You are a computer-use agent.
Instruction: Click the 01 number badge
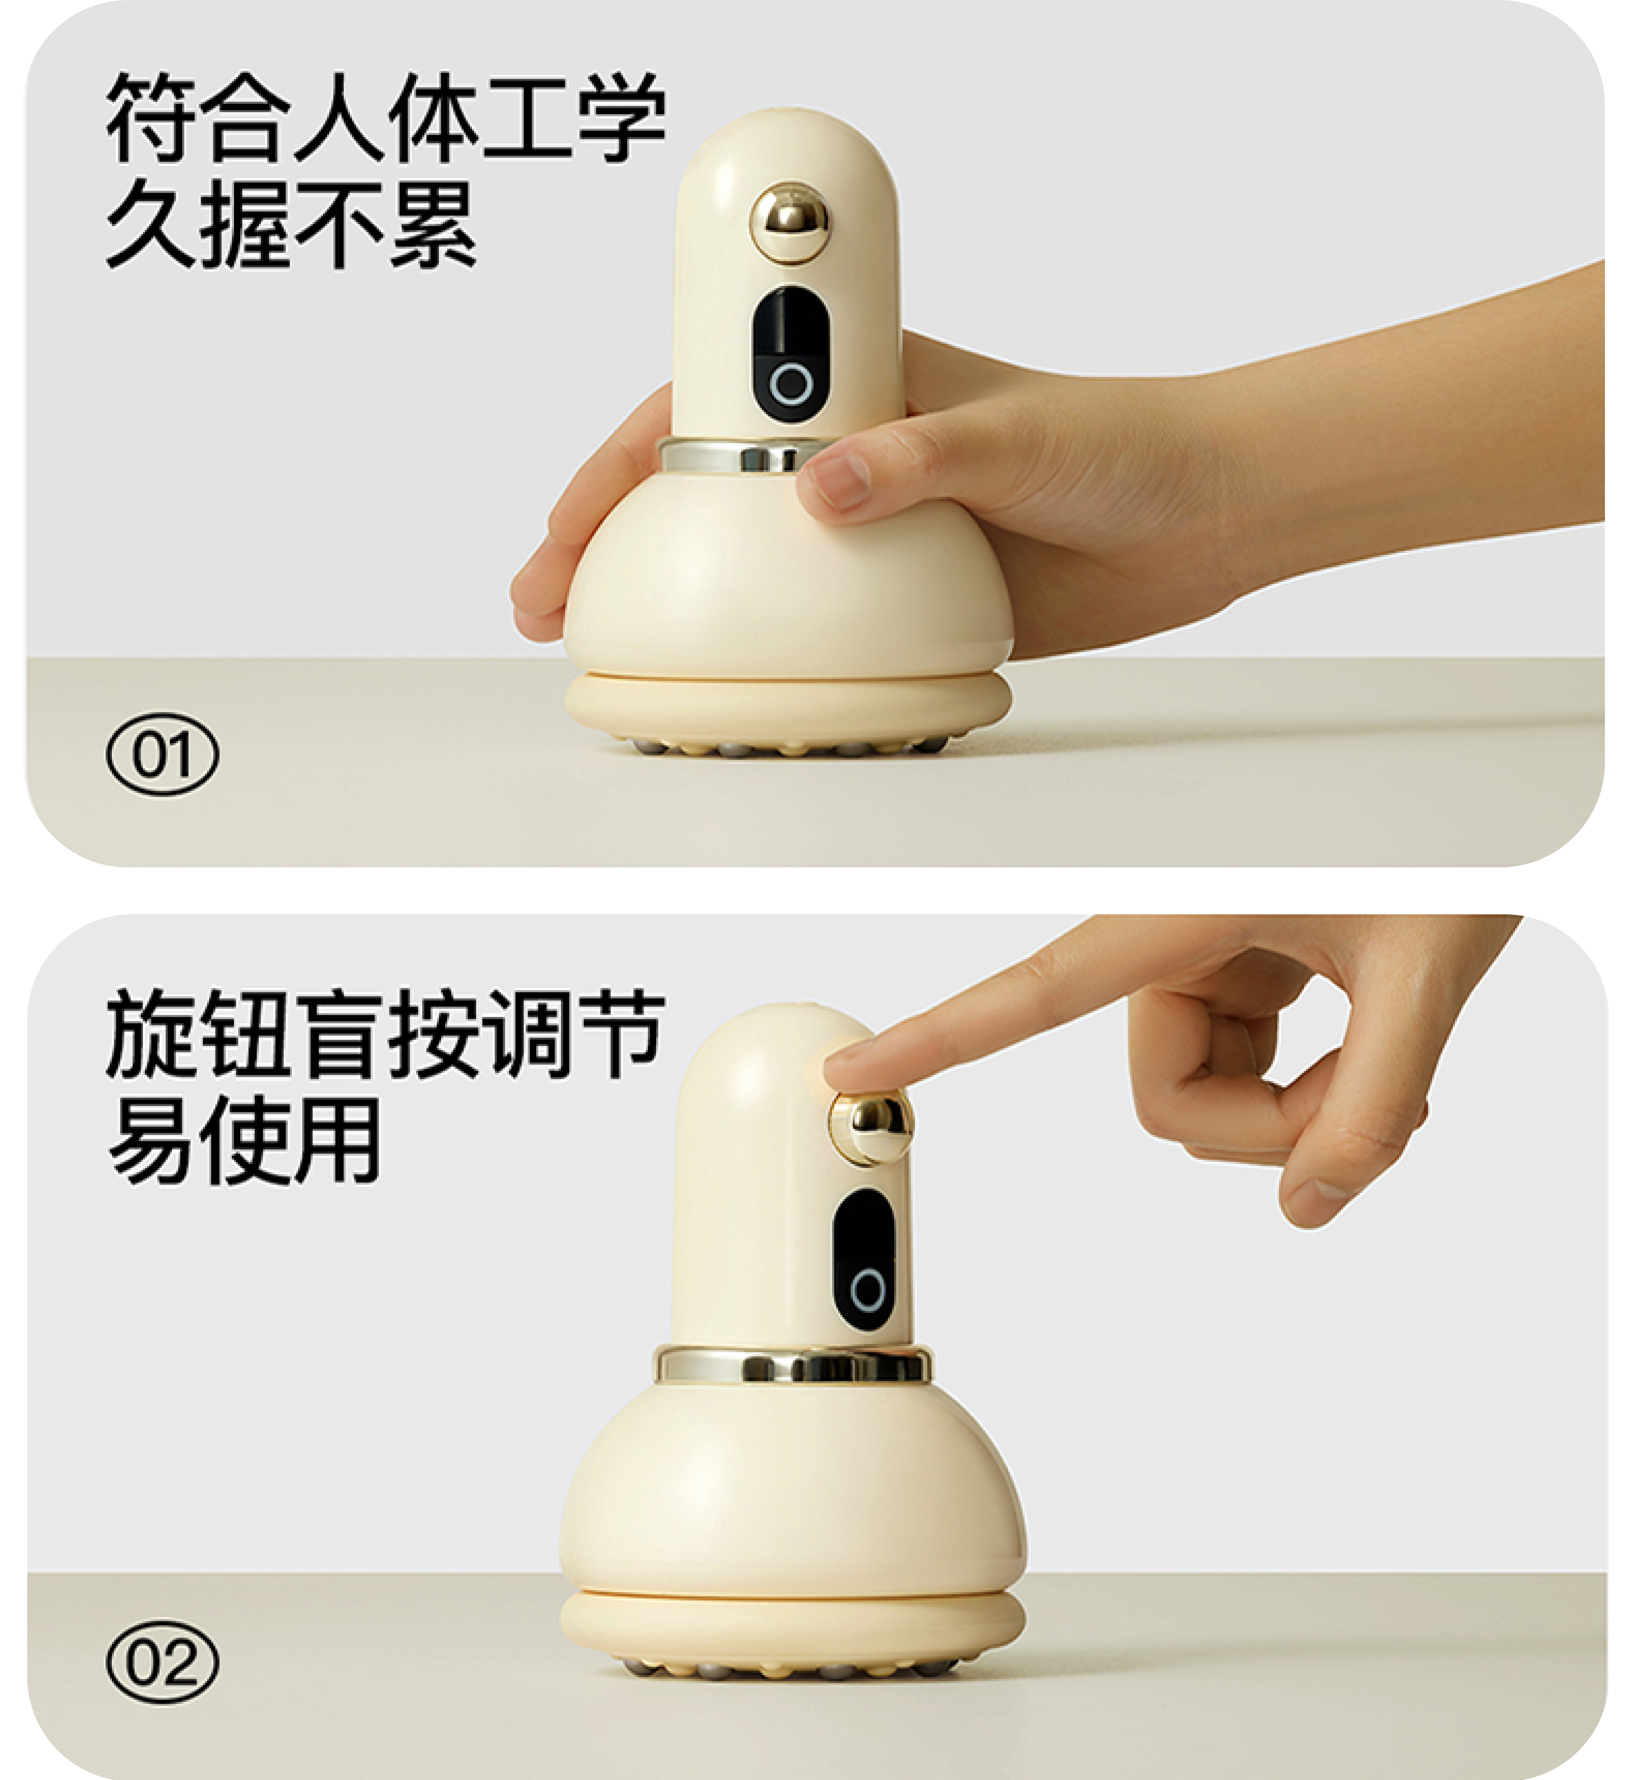162,754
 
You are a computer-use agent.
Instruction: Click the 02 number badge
162,1662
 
